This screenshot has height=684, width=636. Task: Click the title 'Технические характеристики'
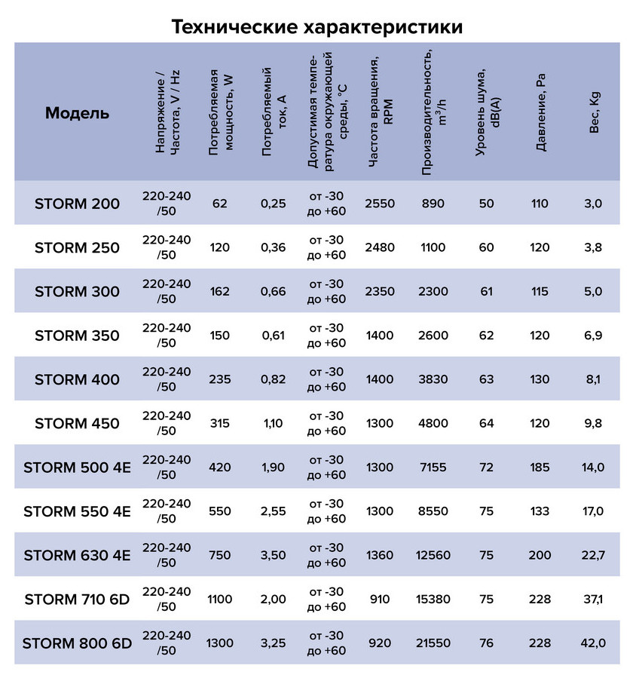[x=317, y=26]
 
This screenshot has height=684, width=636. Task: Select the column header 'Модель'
[x=77, y=114]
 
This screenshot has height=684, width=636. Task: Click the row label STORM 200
[x=77, y=204]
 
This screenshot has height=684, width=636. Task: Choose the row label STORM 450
[x=77, y=423]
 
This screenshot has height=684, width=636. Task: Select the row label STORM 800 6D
[x=77, y=643]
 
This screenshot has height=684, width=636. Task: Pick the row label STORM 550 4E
[x=77, y=511]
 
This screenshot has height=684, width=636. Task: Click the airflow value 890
[x=433, y=204]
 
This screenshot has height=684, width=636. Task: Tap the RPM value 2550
[x=379, y=204]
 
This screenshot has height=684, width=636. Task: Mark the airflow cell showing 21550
[x=433, y=643]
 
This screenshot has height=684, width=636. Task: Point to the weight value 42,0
[x=594, y=643]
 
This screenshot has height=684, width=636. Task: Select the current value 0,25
[x=273, y=204]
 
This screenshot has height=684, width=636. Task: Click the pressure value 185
[x=540, y=468]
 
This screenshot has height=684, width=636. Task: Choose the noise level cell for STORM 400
[x=486, y=379]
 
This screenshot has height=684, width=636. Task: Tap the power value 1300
[x=220, y=643]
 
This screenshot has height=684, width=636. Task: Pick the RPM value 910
[x=379, y=600]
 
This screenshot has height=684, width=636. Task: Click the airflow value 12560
[x=433, y=556]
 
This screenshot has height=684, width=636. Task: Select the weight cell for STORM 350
[x=594, y=336]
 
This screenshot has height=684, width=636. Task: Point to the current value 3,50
[x=273, y=556]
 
